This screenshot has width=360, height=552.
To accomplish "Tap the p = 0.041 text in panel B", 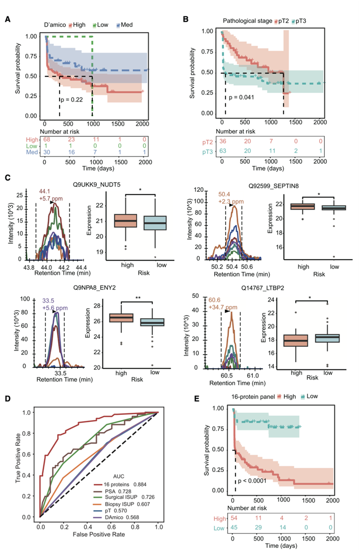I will pyautogui.click(x=244, y=96).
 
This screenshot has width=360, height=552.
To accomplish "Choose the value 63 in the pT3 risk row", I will pyautogui.click(x=222, y=150).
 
